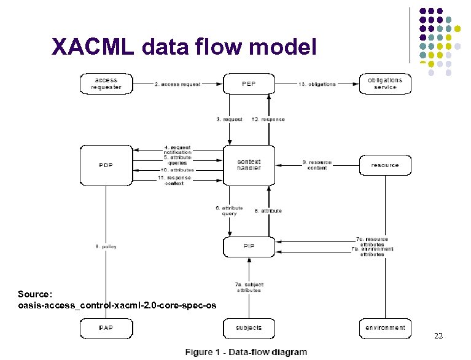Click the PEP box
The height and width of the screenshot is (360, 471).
tap(249, 84)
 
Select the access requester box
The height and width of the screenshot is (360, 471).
tap(106, 84)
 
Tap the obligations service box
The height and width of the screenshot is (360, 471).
tap(385, 84)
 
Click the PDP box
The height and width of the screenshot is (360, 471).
tap(106, 165)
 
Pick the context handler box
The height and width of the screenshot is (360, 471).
tap(249, 165)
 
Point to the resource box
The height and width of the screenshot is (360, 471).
tap(385, 165)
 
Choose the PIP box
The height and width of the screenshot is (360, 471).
tap(249, 246)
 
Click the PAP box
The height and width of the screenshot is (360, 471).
tap(106, 328)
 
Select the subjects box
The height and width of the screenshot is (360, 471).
tap(249, 328)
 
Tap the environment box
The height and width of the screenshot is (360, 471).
tap(385, 328)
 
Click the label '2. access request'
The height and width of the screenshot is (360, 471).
tap(177, 84)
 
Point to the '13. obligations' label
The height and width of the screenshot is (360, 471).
tap(317, 84)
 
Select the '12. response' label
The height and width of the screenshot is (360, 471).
tap(268, 119)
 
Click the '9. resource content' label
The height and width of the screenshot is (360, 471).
tap(317, 165)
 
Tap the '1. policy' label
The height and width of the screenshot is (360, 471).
tap(106, 246)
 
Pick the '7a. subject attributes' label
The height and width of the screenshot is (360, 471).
tap(248, 288)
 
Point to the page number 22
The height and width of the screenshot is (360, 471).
tap(438, 336)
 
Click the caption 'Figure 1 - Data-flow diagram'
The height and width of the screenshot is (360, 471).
tap(246, 352)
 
